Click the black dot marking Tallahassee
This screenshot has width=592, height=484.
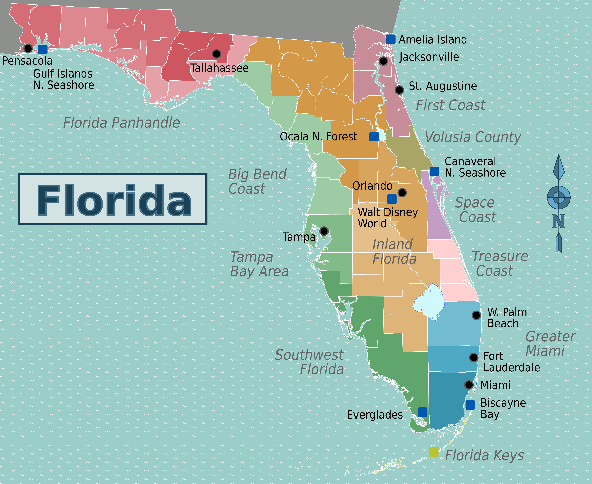[x=216, y=54]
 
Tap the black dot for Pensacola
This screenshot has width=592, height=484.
[x=28, y=48]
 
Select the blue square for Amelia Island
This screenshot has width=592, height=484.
[x=390, y=39]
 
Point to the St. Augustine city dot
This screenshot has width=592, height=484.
[x=399, y=90]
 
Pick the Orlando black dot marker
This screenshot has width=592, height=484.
[x=402, y=192]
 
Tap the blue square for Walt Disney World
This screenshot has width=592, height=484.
[x=392, y=199]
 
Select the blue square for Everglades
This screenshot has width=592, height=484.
[x=422, y=412]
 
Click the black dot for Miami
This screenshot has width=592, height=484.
[x=469, y=385]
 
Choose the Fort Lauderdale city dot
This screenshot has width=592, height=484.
[x=474, y=357]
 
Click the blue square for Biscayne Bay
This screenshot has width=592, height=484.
[x=470, y=405]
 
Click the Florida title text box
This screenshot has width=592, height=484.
[x=113, y=199]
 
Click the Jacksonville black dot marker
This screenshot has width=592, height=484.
[x=383, y=61]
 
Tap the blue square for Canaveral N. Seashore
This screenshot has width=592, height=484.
[x=434, y=171]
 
